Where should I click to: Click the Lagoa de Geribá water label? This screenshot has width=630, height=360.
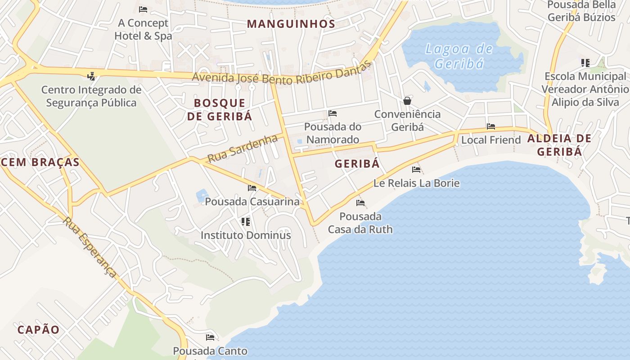(x=459, y=56)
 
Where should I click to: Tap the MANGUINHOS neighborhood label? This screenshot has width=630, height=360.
(x=291, y=24)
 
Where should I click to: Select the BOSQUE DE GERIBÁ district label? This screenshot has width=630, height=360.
(x=220, y=109)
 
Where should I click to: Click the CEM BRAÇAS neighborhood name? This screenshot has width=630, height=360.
(x=40, y=162)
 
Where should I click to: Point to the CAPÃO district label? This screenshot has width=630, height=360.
(x=38, y=329)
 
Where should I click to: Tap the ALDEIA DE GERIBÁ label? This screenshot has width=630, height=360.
(x=559, y=144)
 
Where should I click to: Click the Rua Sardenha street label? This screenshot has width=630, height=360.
(x=243, y=148)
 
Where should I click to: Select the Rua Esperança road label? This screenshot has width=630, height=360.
(x=90, y=247)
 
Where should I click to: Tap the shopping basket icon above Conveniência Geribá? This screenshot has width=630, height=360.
(x=407, y=100)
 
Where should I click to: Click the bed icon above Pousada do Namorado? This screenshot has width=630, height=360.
(x=333, y=113)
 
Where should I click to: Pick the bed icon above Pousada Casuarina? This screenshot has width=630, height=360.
(x=252, y=188)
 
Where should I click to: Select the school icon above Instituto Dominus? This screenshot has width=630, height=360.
(x=245, y=221)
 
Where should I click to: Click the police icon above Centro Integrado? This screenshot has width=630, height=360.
(x=91, y=76)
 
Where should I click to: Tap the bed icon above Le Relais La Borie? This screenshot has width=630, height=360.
(x=417, y=170)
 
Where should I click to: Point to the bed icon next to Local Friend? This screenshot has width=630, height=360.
(x=491, y=126)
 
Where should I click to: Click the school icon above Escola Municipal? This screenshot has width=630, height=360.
(x=585, y=63)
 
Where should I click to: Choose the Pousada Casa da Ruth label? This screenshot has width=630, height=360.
(x=360, y=223)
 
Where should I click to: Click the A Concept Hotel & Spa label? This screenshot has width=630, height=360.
(x=143, y=29)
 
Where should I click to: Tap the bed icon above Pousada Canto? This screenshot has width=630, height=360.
(x=210, y=337)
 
